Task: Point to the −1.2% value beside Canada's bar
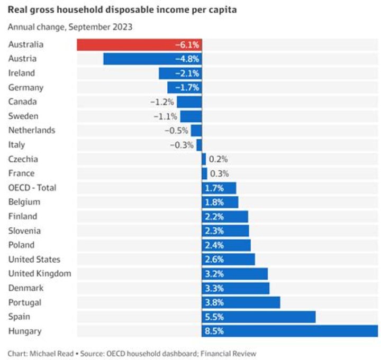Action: [x=164, y=102]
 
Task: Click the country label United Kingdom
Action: [x=40, y=274]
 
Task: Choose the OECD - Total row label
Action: [x=32, y=188]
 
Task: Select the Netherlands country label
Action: [x=32, y=131]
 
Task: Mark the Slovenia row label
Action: [x=25, y=231]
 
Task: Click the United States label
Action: [x=34, y=260]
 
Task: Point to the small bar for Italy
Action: [x=199, y=145]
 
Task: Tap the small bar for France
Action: [x=204, y=173]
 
